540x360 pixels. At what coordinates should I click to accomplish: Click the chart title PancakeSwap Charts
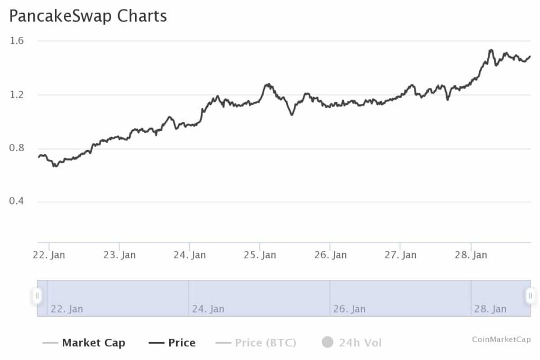tap(88, 16)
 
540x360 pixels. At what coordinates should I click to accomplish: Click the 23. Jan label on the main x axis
tap(119, 255)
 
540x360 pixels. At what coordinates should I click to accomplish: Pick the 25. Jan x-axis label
tap(260, 255)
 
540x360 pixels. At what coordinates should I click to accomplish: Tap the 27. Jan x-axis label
tap(400, 255)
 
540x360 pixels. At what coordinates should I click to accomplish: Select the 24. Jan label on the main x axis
tap(190, 255)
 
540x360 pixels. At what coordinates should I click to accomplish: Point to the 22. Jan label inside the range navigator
tap(66, 309)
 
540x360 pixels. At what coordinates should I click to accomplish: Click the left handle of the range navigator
tap(37, 296)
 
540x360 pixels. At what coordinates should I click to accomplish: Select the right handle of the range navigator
tap(530, 296)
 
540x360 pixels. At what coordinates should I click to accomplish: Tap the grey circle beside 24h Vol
tap(327, 343)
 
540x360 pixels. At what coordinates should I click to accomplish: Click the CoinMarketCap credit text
tap(501, 339)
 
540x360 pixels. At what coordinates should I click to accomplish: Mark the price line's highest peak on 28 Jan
tap(491, 50)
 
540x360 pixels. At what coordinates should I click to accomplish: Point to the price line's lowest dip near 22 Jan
tap(54, 167)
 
